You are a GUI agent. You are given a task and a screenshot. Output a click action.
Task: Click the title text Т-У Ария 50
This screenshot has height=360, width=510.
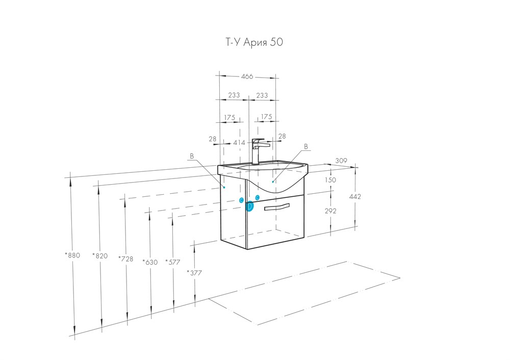coord(254,42)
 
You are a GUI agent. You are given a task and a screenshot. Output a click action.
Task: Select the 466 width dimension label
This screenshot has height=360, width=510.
coord(247,76)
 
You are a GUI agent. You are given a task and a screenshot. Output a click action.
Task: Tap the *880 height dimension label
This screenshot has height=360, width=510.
coord(72,255)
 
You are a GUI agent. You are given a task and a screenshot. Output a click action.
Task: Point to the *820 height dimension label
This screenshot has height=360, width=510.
coord(100,256)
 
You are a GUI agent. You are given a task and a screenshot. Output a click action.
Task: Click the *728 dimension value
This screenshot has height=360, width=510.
coord(125,259)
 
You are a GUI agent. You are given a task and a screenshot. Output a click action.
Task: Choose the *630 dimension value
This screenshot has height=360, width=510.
coord(150,262)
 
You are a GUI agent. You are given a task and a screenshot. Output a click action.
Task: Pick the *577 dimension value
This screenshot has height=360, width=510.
coord(172,262)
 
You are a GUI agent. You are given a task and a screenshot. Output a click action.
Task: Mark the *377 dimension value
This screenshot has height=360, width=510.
coord(194,273)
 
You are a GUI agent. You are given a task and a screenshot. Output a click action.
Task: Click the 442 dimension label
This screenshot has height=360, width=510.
coord(355,196)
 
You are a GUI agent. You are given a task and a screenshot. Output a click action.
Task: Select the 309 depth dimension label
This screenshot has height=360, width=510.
coord(341,161)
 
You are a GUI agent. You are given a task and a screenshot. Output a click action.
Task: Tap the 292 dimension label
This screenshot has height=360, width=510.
coord(330,211)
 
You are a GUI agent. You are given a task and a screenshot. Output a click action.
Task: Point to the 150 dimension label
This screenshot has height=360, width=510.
coord(330,180)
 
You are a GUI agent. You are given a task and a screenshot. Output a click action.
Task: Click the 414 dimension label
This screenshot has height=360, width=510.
coord(239,143)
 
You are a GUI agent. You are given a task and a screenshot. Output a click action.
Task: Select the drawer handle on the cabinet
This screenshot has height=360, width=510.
coord(277,207)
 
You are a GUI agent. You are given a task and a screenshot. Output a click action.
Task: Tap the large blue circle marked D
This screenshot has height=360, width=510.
coord(249,206)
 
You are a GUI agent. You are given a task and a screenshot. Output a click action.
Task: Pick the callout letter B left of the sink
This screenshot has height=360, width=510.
coord(192,157)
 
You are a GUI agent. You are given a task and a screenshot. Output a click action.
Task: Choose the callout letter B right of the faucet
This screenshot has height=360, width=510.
coord(305,147)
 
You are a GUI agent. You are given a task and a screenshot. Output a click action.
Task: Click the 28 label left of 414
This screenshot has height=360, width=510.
coord(212,139)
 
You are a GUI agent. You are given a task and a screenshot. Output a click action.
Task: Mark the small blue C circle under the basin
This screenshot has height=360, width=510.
coord(257,197)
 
